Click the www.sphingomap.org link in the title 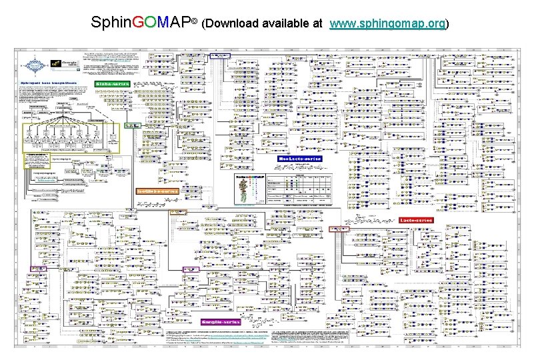coord(388,23)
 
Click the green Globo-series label coord(112,83)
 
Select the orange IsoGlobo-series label coord(157,191)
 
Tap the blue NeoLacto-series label coord(300,159)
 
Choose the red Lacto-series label coord(416,219)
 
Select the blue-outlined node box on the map coord(219,56)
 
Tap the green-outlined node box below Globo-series coord(135,125)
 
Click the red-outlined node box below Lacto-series coord(340,229)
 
